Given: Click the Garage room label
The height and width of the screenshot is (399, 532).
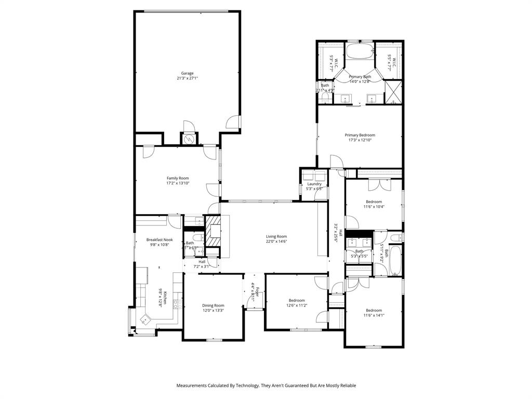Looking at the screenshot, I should [187, 73].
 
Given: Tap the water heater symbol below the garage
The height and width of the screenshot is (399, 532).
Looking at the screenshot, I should [189, 139].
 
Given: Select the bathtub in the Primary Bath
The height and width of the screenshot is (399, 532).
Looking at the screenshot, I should [360, 52].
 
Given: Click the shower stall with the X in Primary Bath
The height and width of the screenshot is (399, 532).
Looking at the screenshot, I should [393, 92].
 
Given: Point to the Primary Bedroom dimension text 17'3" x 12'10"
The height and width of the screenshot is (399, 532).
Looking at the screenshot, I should [360, 140].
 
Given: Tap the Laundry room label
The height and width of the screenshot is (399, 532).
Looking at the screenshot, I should [314, 183].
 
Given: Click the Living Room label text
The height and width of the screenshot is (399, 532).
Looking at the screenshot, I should [276, 236].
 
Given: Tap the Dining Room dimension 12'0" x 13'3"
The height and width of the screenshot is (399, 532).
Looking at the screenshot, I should [213, 311].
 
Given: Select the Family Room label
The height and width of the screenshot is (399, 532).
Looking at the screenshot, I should [178, 178].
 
